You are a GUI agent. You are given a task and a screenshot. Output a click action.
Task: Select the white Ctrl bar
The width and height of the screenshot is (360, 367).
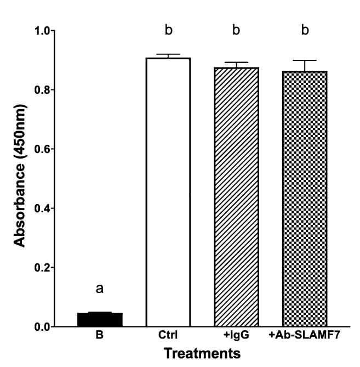pyautogui.click(x=168, y=192)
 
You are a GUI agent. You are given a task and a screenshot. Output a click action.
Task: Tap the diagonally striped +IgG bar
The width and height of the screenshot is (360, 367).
pyautogui.click(x=236, y=197)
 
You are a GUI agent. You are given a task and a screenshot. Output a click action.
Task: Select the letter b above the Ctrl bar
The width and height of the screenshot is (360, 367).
pyautogui.click(x=168, y=31)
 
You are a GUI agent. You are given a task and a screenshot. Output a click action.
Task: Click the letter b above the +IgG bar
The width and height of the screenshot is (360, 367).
pyautogui.click(x=236, y=31)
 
